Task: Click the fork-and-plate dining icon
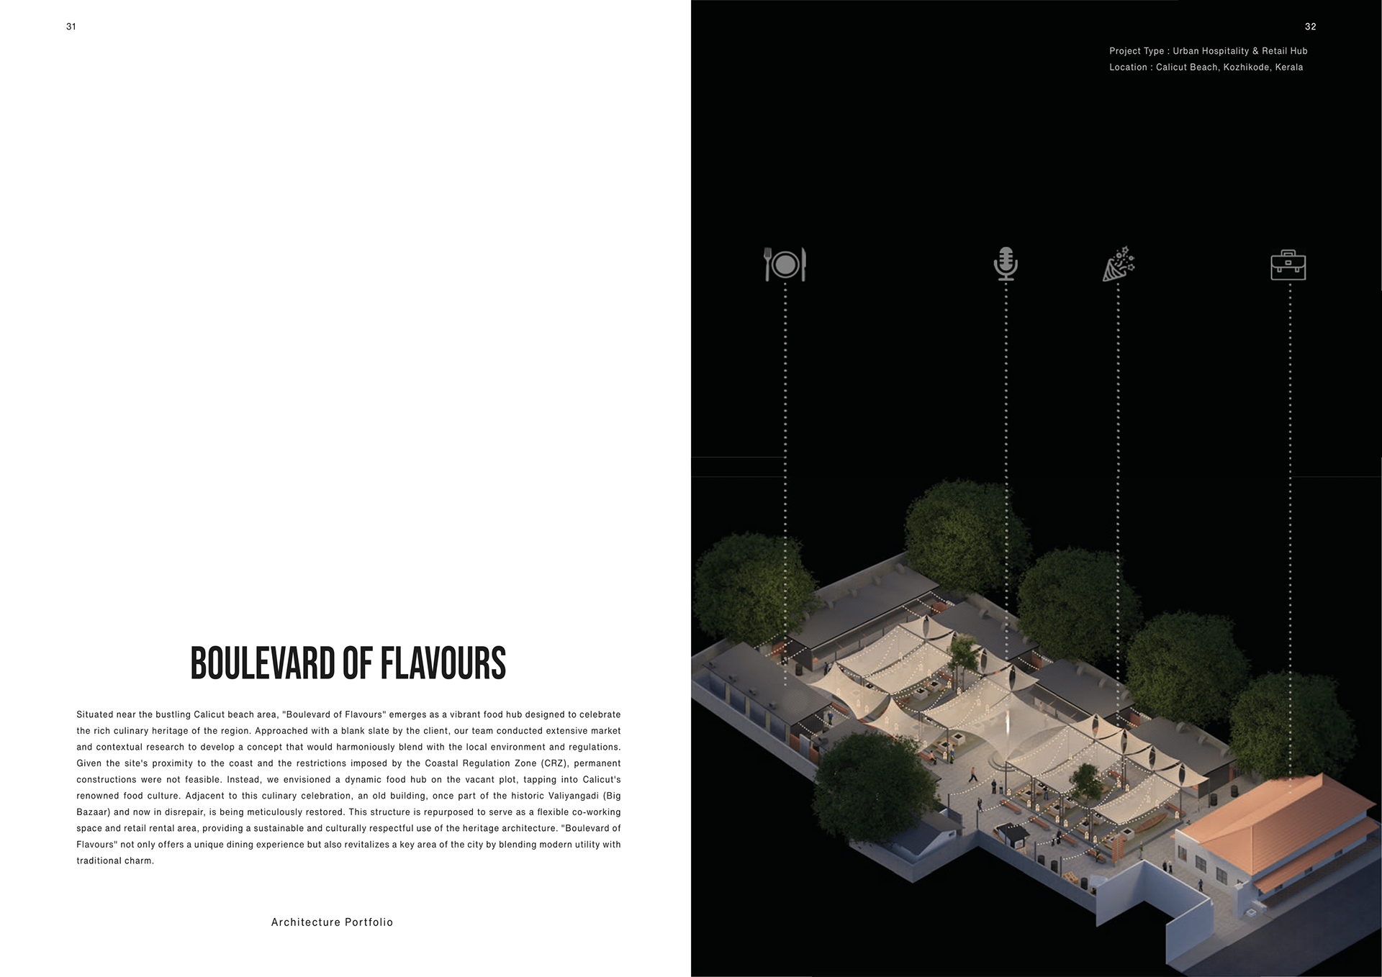(x=785, y=264)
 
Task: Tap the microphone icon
(x=1006, y=264)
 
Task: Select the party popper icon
(x=1119, y=264)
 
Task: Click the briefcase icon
(x=1288, y=265)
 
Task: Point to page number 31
(x=71, y=27)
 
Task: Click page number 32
(x=1310, y=27)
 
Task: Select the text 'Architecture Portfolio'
(x=332, y=922)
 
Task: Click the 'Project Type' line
(x=1208, y=51)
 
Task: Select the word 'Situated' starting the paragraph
(x=94, y=714)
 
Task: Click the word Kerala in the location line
(x=1288, y=68)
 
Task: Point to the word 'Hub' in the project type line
(x=1299, y=51)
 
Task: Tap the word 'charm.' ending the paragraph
(x=139, y=861)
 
